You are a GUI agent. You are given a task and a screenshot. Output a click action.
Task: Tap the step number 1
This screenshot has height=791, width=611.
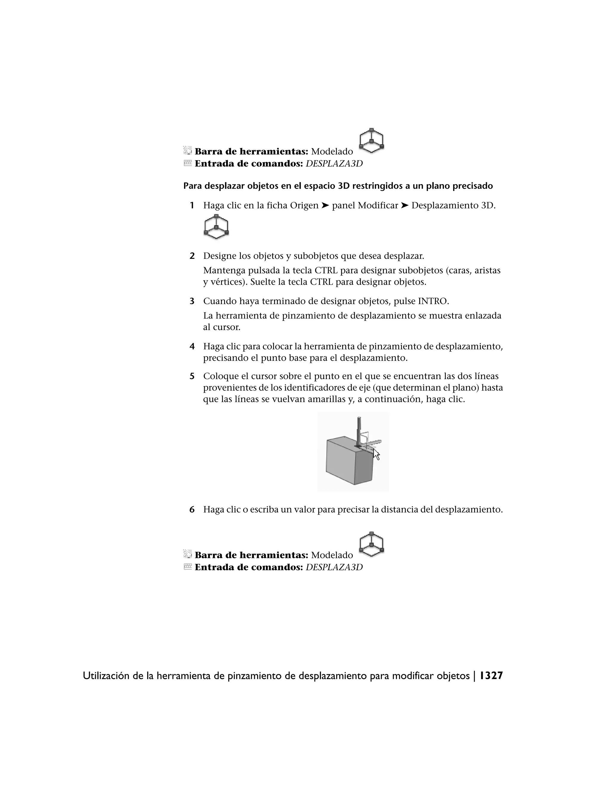point(192,206)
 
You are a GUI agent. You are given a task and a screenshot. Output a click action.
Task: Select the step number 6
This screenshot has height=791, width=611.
point(192,510)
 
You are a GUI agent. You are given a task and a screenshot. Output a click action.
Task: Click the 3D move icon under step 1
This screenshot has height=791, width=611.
point(216,227)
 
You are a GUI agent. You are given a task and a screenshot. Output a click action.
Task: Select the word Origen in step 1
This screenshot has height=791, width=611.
point(304,206)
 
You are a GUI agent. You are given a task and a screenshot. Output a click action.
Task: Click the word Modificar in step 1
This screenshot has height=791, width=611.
point(378,206)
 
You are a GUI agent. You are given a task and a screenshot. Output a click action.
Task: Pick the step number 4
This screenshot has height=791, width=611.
point(192,347)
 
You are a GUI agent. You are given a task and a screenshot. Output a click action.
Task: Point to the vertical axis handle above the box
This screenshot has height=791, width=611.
point(359,431)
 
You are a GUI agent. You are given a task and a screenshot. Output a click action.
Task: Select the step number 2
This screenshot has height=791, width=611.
point(192,256)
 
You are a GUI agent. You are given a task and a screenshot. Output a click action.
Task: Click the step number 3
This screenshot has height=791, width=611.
point(192,301)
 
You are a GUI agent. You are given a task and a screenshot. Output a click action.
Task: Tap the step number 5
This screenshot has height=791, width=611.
point(192,376)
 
